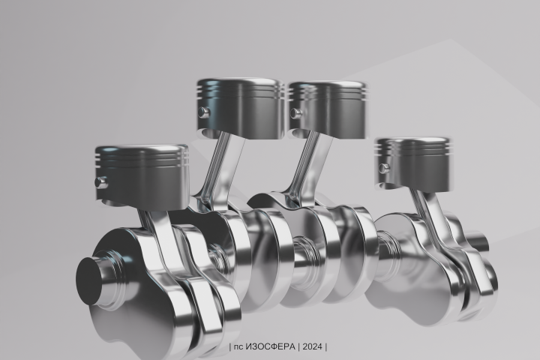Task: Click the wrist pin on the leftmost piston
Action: click(101, 182)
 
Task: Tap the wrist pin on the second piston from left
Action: click(203, 112)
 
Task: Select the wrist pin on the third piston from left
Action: click(295, 113)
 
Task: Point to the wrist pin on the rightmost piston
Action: click(384, 168)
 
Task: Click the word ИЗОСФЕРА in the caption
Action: click(271, 346)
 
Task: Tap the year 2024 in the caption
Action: click(313, 346)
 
